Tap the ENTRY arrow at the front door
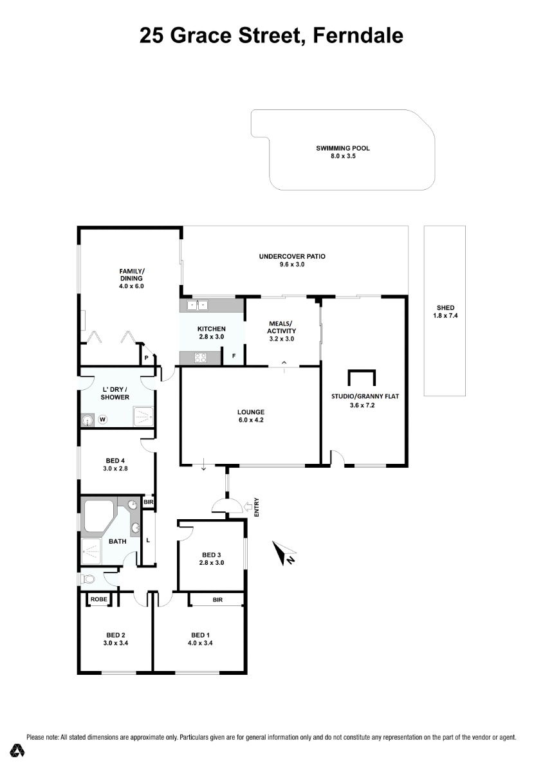[248, 507]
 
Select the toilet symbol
[87, 580]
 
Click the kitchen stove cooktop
[200, 358]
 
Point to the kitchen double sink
[198, 306]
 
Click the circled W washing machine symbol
[102, 419]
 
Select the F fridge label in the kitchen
[234, 356]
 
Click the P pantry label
[146, 358]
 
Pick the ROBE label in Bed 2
[98, 600]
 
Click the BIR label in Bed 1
[217, 600]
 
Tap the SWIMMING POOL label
[343, 148]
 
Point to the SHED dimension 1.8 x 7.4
[445, 315]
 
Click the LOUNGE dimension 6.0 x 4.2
[251, 419]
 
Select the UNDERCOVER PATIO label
[292, 257]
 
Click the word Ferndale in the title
[358, 35]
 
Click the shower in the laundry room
[143, 417]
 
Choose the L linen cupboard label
[148, 540]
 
